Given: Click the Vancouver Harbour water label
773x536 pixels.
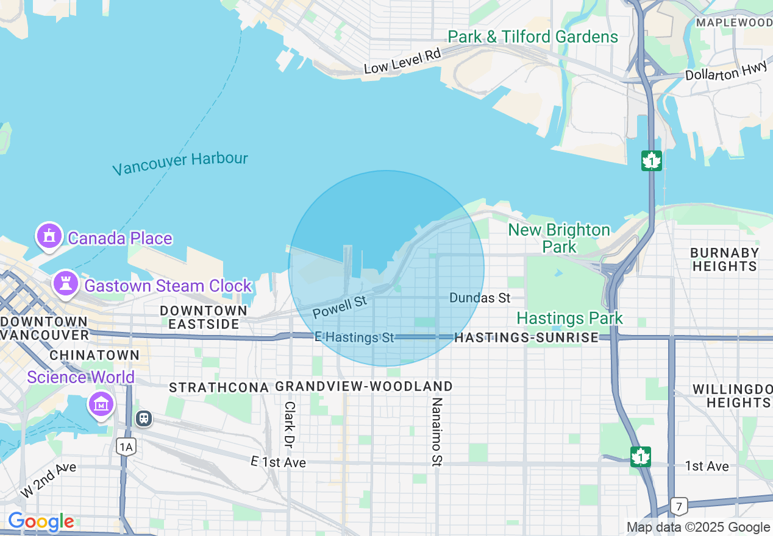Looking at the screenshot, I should click(x=180, y=163).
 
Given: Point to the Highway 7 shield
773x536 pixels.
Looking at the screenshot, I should click(x=678, y=506).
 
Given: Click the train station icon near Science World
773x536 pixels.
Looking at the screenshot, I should click(x=144, y=419).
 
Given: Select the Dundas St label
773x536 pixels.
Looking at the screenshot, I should click(x=480, y=298).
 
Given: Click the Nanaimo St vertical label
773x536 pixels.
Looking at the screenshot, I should click(x=436, y=432).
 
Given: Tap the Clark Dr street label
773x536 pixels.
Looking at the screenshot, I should click(x=290, y=423).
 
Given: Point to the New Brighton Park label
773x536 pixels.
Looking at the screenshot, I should click(x=559, y=238).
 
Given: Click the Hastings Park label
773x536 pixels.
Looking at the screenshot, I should click(x=569, y=318).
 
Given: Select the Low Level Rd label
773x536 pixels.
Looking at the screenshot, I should click(x=402, y=62).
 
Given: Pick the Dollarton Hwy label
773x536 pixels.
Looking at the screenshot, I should click(x=725, y=72).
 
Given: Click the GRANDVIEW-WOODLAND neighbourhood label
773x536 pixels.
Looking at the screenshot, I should click(x=364, y=387).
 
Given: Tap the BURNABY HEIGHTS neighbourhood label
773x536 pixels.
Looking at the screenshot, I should click(x=724, y=259).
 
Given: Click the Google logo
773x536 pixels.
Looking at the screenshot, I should click(x=41, y=522).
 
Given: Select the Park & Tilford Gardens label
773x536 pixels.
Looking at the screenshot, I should click(x=533, y=37).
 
